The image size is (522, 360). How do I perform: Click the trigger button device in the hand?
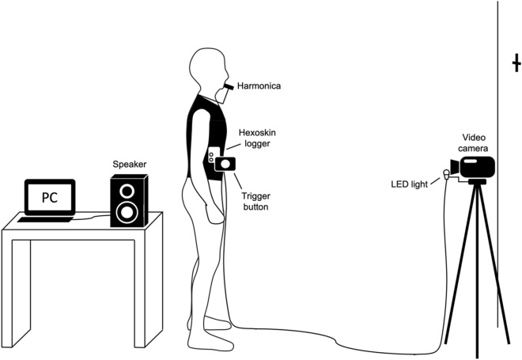225,163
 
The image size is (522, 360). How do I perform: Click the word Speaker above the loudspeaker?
128,165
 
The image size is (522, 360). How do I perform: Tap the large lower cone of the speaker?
127,211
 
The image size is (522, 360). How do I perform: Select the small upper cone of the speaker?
127,191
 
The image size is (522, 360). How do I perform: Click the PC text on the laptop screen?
48,197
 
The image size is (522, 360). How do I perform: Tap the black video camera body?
479,167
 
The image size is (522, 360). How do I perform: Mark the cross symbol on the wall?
516,63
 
